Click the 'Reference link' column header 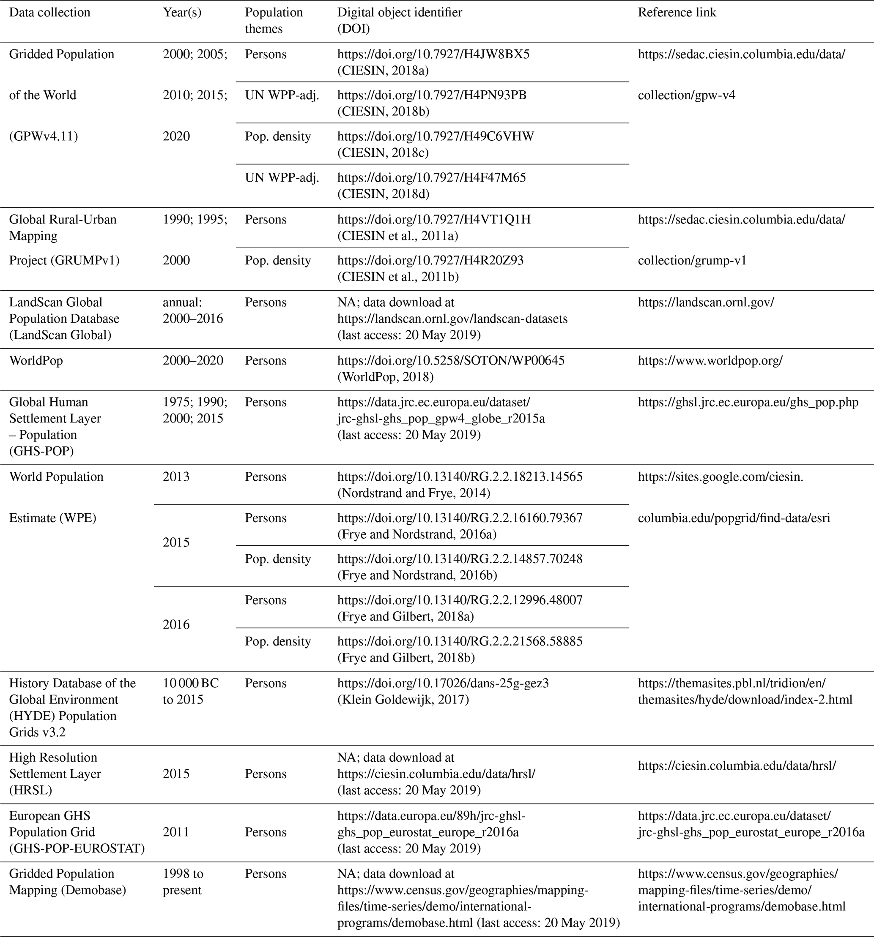click(x=677, y=13)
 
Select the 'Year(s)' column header click(x=182, y=13)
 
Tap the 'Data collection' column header click(x=49, y=13)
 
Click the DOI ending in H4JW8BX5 click(x=433, y=54)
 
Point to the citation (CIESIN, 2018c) click(x=383, y=153)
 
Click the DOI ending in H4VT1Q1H click(x=433, y=220)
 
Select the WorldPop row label click(x=36, y=361)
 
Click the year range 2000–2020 click(x=193, y=361)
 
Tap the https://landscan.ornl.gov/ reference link click(x=706, y=302)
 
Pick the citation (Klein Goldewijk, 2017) click(x=403, y=700)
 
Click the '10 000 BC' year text click(x=191, y=683)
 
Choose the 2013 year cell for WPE click(x=176, y=477)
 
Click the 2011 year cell click(x=176, y=832)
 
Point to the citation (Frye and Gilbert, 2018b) click(x=405, y=657)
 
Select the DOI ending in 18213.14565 click(x=459, y=477)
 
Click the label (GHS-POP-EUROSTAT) click(x=77, y=848)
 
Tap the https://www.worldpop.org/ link click(x=710, y=361)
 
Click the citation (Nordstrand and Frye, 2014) click(x=413, y=493)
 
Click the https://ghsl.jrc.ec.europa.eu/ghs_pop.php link click(x=748, y=402)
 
